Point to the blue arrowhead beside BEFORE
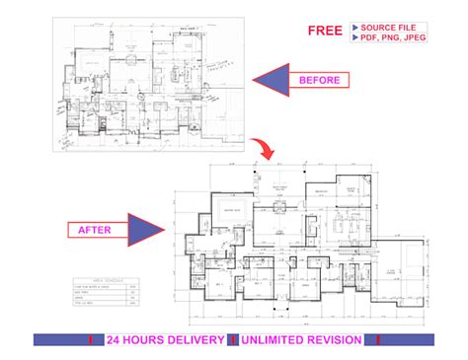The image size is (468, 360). click(x=269, y=80)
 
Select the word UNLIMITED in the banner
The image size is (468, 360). click(x=269, y=339)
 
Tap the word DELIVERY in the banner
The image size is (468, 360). click(x=186, y=339)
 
